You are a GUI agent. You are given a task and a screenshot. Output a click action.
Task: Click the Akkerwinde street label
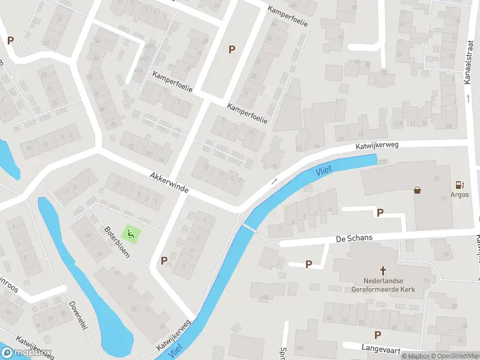169,182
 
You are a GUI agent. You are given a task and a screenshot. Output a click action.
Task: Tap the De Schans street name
355,238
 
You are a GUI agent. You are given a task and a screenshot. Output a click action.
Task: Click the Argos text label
460,194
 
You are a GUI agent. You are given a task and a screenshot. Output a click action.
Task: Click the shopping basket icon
417,190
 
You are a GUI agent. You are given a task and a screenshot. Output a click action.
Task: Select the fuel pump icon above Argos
460,184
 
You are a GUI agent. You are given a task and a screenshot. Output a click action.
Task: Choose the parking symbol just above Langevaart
377,335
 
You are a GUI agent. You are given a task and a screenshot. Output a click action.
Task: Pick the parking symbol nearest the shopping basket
379,212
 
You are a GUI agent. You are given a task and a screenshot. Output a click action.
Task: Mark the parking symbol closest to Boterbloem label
164,260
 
